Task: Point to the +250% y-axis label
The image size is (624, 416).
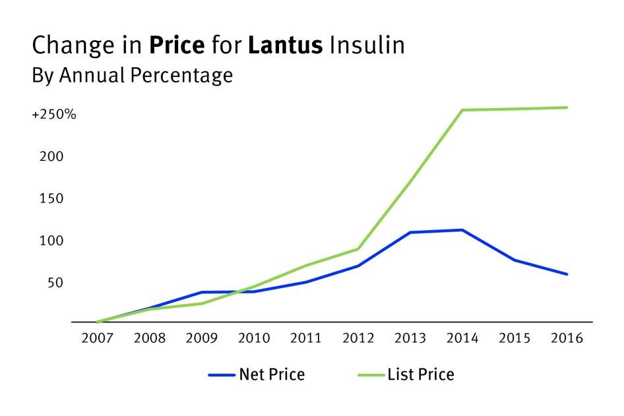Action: [x=54, y=115]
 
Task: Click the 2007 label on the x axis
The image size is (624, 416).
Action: [x=97, y=338]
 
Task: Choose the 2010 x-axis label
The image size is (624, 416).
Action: [x=254, y=338]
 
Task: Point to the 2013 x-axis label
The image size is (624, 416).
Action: [x=411, y=338]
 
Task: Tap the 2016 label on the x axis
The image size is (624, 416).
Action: [x=567, y=338]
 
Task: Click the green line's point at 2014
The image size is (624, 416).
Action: [x=462, y=110]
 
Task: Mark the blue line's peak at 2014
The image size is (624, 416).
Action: [x=462, y=230]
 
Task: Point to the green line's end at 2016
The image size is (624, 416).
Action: [x=567, y=107]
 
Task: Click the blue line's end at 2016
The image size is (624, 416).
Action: [x=567, y=274]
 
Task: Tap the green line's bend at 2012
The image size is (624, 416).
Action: [x=358, y=249]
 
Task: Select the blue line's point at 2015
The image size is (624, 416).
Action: [x=515, y=260]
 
